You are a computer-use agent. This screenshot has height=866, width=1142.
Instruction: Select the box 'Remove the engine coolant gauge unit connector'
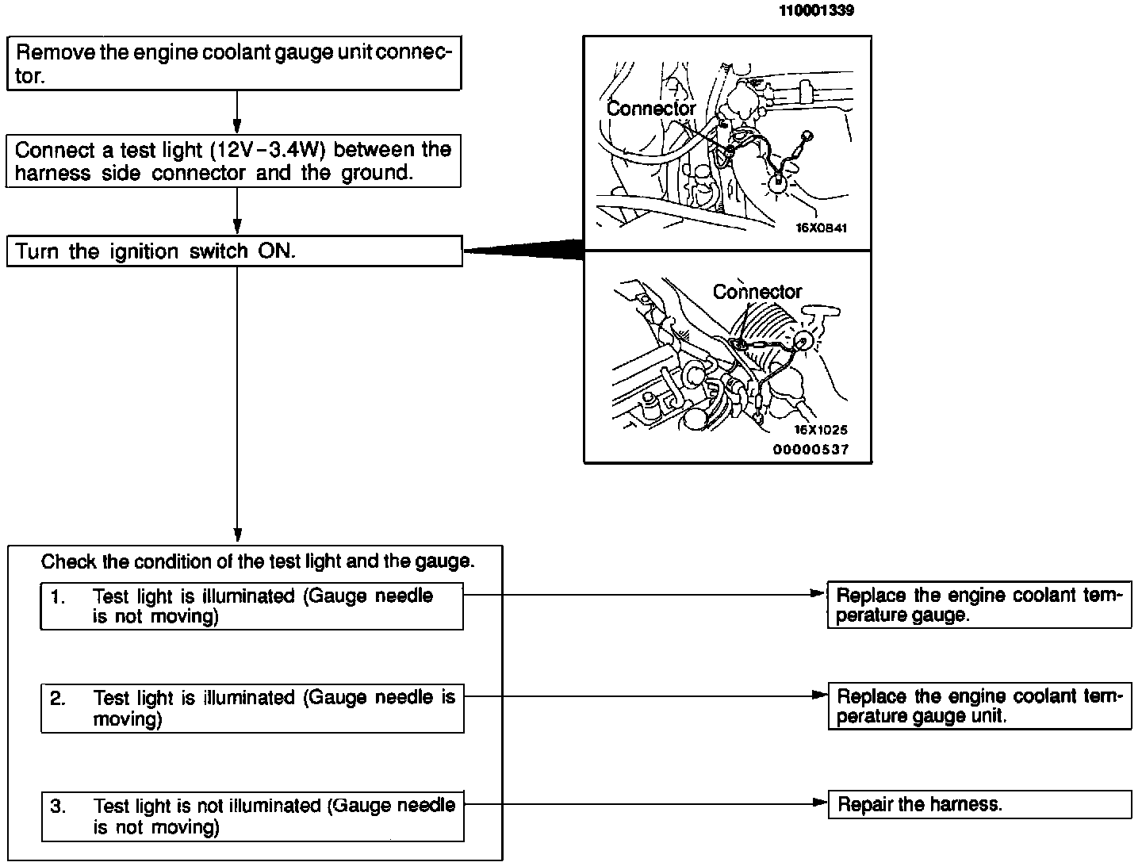click(x=234, y=63)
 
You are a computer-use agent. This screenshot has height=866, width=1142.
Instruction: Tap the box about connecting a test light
click(x=234, y=161)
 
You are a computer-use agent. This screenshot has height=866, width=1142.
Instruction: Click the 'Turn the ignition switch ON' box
click(x=234, y=251)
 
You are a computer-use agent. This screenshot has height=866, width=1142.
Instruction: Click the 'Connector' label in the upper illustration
click(x=651, y=108)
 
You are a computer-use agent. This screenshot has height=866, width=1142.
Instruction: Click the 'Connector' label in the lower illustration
click(x=757, y=292)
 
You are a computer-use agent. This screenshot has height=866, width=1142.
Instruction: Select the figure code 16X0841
click(x=822, y=228)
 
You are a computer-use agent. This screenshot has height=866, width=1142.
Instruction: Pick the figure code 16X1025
click(x=821, y=430)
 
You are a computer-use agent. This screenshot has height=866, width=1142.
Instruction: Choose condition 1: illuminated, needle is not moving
click(x=251, y=606)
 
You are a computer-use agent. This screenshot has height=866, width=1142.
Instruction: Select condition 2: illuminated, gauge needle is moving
click(x=251, y=708)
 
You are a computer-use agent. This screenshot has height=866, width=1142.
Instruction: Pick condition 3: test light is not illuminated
click(x=251, y=816)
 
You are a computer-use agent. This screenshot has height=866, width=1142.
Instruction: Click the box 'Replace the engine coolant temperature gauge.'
click(x=979, y=605)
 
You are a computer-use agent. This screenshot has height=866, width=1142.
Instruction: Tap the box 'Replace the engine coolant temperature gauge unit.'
click(x=979, y=706)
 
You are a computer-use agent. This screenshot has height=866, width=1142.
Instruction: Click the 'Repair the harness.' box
click(x=979, y=804)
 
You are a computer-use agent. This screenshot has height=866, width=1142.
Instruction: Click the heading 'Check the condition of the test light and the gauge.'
click(x=258, y=561)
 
